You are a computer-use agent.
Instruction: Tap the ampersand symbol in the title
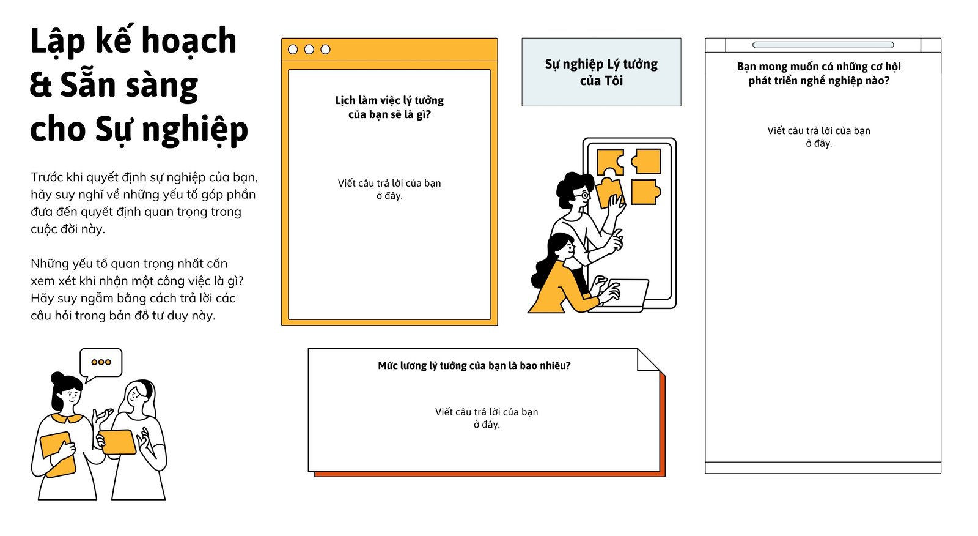pos(41,85)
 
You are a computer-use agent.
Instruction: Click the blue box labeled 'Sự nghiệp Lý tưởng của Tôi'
pos(601,72)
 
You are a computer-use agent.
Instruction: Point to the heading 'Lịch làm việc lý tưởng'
pos(389,100)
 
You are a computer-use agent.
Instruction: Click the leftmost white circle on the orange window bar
pos(293,50)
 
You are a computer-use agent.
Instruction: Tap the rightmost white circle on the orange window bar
pos(325,50)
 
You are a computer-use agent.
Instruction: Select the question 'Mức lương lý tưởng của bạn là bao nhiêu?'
pos(474,365)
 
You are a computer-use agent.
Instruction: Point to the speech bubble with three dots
pos(101,363)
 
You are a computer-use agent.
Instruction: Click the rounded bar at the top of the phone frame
pos(823,45)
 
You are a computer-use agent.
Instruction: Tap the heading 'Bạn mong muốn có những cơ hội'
pos(818,67)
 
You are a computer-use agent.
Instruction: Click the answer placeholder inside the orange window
pos(389,189)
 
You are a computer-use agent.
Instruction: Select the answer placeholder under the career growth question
pos(818,137)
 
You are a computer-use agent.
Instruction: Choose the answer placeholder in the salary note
pos(487,418)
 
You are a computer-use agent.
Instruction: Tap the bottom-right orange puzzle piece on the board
pos(645,192)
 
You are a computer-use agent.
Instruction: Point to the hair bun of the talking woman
pos(57,378)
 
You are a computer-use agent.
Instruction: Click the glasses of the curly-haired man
pos(583,194)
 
